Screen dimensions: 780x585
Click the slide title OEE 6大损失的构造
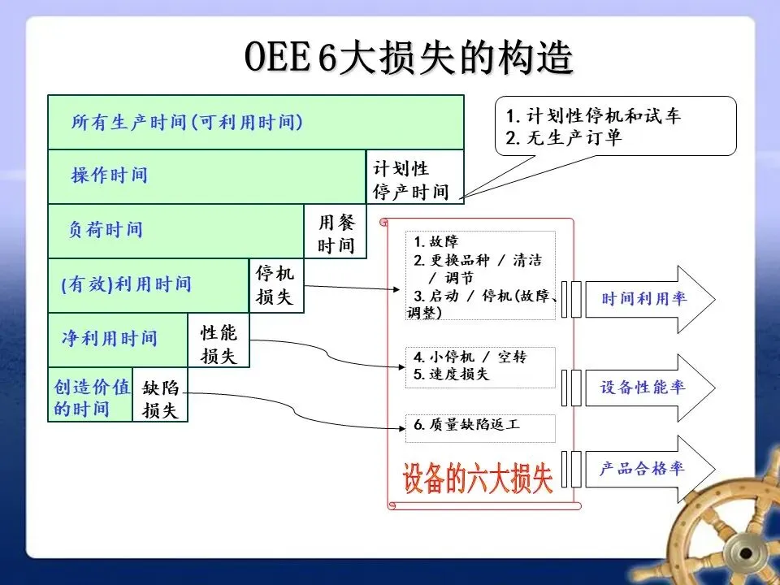pos(409,58)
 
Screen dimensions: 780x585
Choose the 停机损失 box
pos(275,285)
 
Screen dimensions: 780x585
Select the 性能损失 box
pos(219,340)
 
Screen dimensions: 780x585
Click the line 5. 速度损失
pos(452,375)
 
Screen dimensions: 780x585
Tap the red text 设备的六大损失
pos(478,479)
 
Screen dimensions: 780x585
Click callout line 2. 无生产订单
pos(563,138)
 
